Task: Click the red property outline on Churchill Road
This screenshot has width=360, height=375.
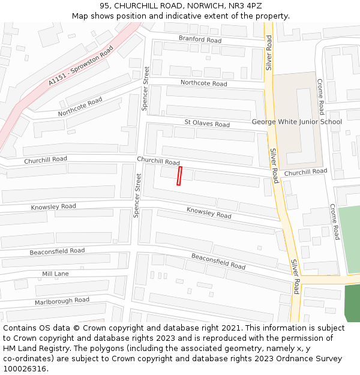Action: click(x=179, y=176)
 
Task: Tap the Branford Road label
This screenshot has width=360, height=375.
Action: click(x=200, y=40)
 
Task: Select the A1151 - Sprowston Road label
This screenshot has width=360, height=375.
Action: click(x=81, y=65)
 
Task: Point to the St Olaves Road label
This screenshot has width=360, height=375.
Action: click(x=207, y=124)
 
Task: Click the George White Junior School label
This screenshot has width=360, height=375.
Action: click(x=296, y=122)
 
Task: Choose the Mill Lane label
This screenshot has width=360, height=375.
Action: click(x=55, y=274)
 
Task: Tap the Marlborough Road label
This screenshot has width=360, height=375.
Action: click(x=62, y=301)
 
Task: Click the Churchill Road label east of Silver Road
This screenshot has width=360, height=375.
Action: click(x=305, y=172)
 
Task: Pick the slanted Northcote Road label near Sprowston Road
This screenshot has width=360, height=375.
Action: click(x=80, y=107)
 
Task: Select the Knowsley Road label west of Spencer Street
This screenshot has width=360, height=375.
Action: click(x=54, y=206)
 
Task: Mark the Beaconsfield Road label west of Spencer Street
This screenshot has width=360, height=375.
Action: click(x=57, y=251)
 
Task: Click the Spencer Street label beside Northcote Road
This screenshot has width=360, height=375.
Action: click(x=145, y=89)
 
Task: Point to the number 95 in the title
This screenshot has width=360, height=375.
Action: click(x=105, y=6)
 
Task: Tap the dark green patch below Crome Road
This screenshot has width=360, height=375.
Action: click(x=352, y=303)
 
